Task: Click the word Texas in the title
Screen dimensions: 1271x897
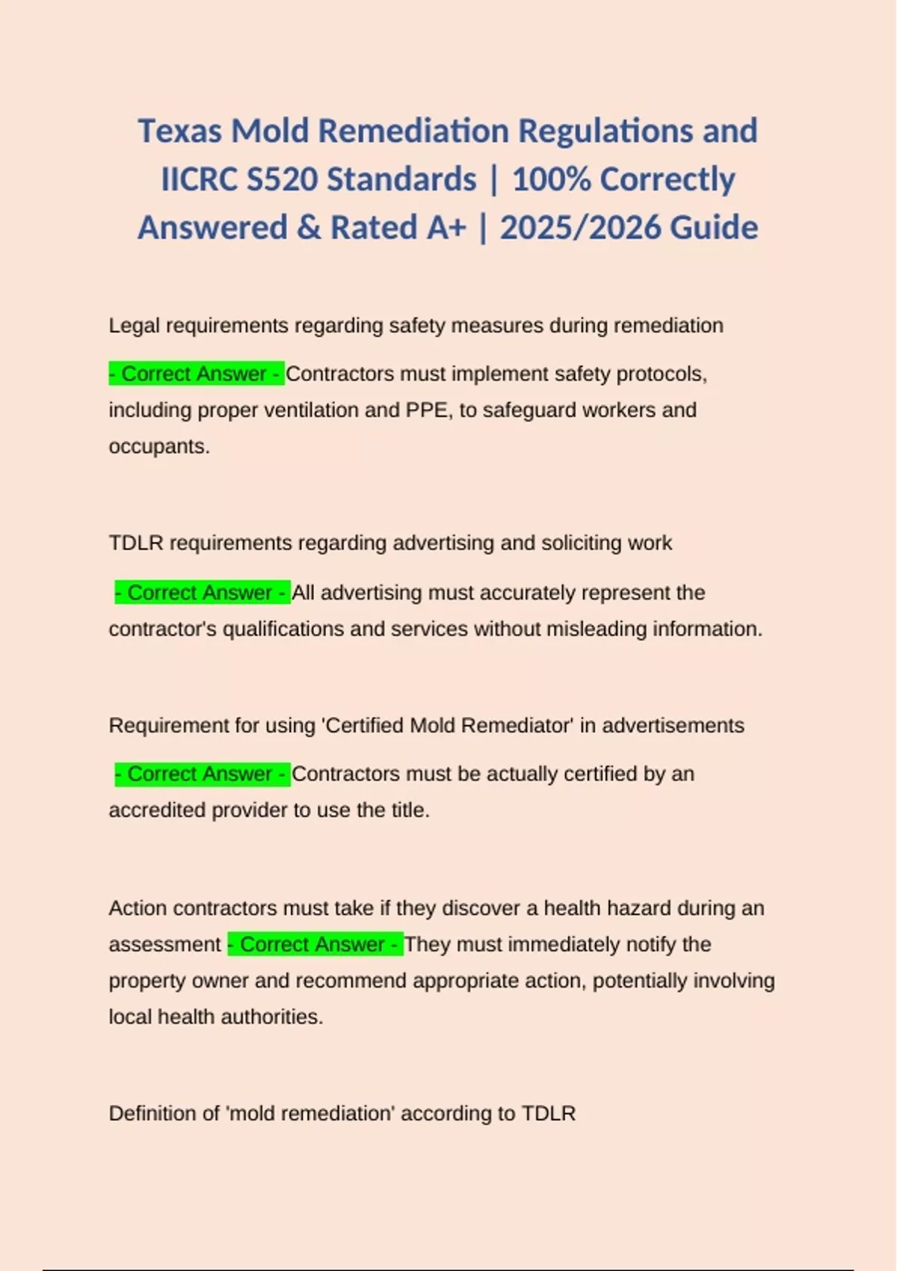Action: [x=180, y=131]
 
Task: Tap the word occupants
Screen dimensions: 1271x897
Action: [x=158, y=446]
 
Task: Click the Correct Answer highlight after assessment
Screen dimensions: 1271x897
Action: [x=315, y=944]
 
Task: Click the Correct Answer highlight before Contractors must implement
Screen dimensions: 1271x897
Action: [x=196, y=374]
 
